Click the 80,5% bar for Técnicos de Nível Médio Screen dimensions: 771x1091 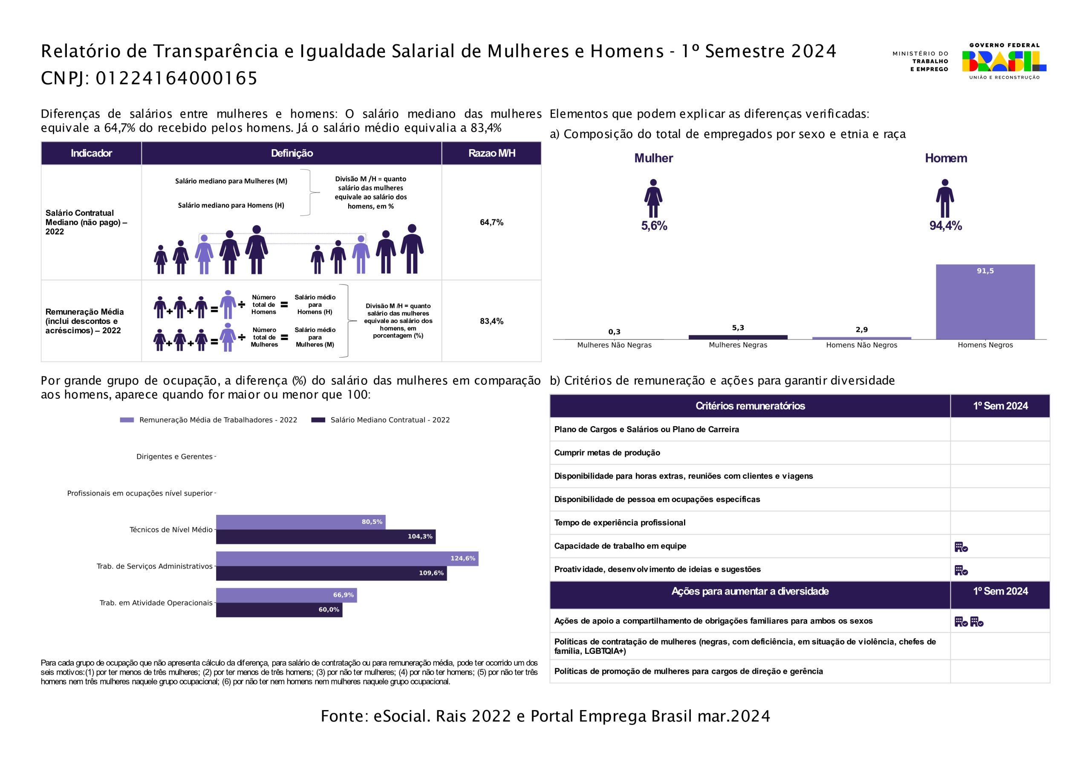pos(300,522)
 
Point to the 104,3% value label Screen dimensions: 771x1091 pos(420,537)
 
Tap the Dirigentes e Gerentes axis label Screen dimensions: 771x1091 pos(174,457)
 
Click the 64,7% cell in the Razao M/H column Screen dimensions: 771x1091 pos(491,222)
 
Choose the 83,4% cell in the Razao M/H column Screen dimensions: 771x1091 pos(491,321)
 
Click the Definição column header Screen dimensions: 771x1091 pos(292,153)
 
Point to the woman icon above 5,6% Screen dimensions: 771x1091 pos(653,199)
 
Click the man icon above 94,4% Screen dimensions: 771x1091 pos(945,199)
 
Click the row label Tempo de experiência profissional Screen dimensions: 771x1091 pos(620,523)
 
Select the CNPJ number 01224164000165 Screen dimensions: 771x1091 pos(177,78)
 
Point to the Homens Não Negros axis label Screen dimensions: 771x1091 pos(861,345)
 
